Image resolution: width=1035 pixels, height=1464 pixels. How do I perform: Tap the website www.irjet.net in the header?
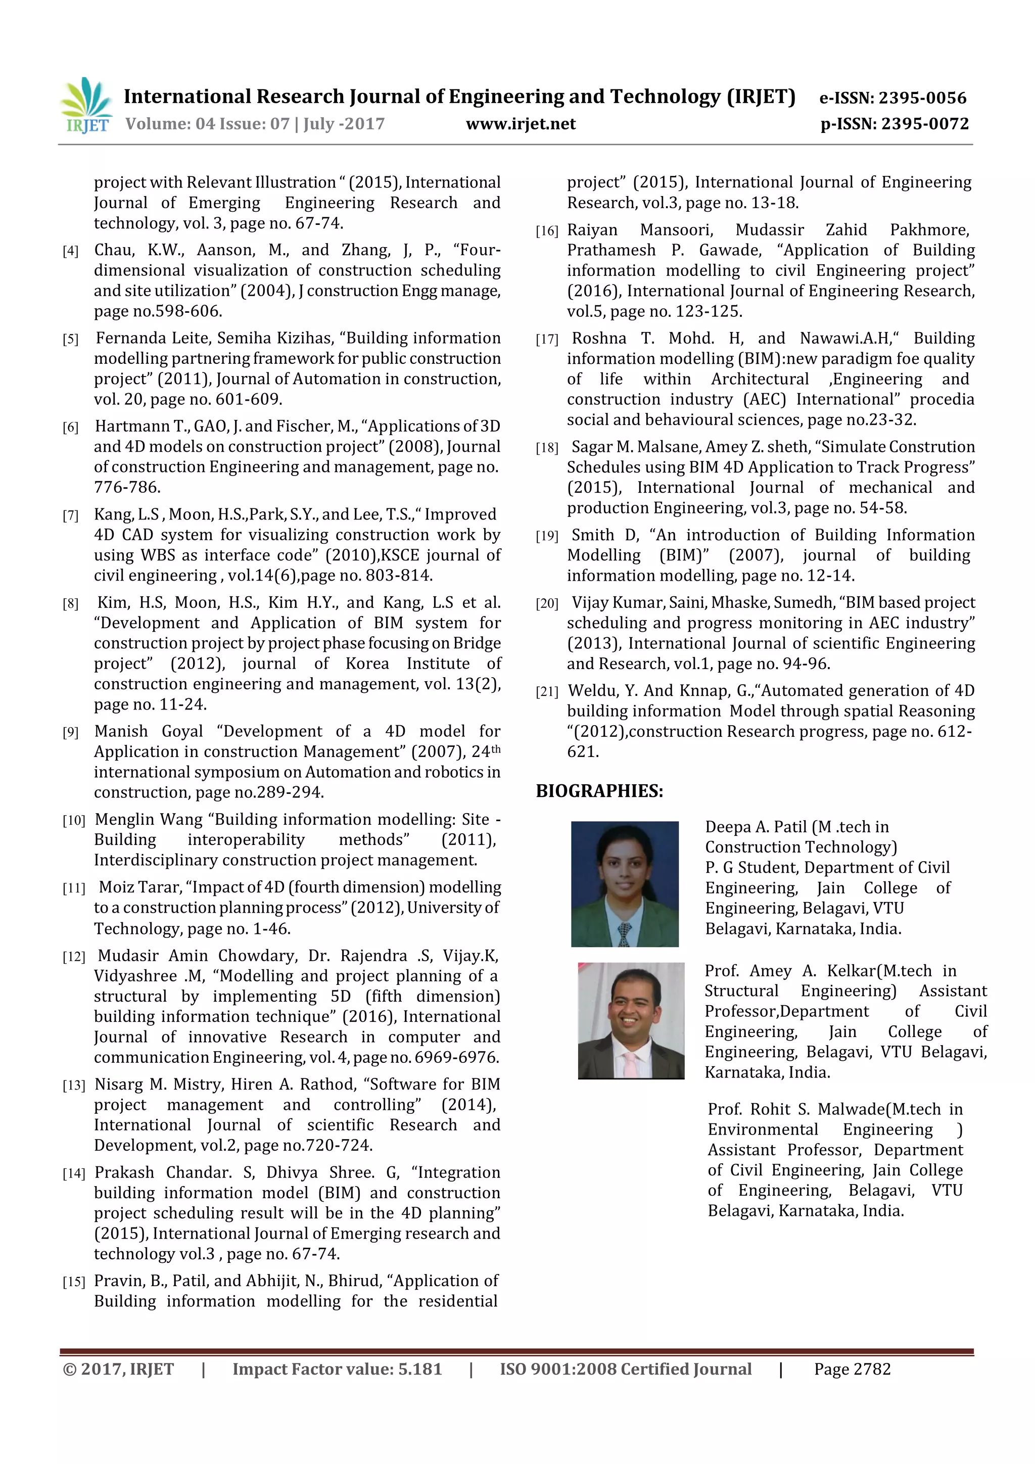click(521, 124)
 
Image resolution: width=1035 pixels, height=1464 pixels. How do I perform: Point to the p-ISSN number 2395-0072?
click(925, 124)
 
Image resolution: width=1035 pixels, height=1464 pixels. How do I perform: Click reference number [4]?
click(70, 251)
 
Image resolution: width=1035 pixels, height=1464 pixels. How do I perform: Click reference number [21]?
click(546, 692)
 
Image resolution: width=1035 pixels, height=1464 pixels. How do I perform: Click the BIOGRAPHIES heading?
click(599, 791)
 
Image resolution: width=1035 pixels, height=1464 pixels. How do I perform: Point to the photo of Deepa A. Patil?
click(624, 884)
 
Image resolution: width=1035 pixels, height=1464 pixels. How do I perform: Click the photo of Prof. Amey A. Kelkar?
click(631, 1020)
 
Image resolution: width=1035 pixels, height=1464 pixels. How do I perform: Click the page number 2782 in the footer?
click(871, 1369)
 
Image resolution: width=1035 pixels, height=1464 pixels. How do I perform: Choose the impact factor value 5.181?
click(419, 1369)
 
